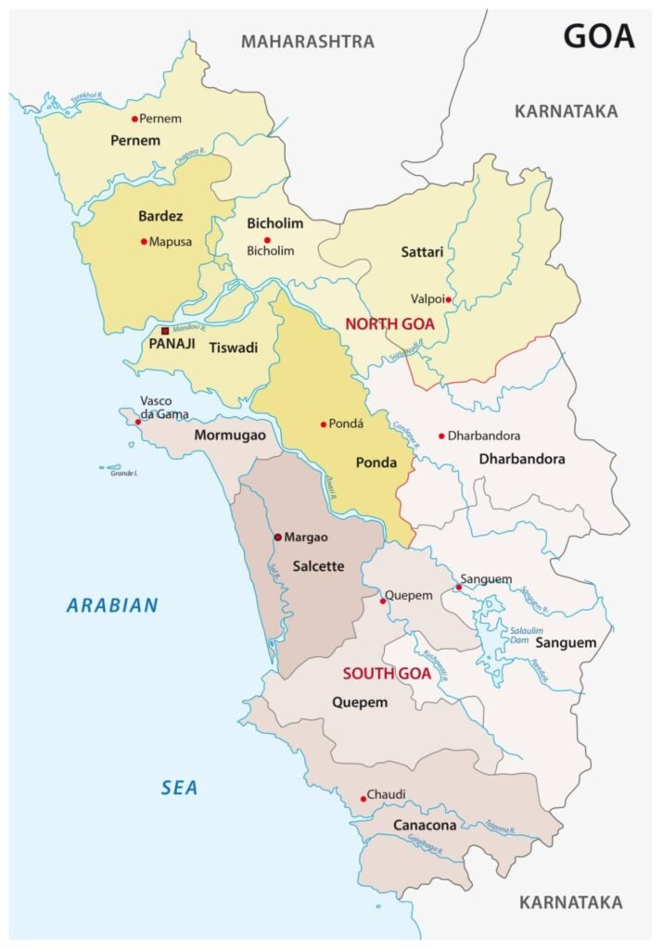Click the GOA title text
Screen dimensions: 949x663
point(599,36)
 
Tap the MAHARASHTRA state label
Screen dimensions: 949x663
point(308,42)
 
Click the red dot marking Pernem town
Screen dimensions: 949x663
point(134,119)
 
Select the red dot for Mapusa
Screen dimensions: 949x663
point(144,242)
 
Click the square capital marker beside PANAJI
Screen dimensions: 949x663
point(165,331)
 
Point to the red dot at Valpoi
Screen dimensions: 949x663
point(448,299)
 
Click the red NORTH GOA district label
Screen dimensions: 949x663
point(389,324)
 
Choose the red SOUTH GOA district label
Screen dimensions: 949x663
point(387,674)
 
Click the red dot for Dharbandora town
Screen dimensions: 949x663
point(441,436)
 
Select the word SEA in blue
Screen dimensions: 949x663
point(179,789)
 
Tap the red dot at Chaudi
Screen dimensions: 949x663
point(363,799)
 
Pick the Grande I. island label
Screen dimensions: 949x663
point(124,474)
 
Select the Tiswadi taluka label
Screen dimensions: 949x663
point(232,348)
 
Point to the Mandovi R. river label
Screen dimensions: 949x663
point(190,327)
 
